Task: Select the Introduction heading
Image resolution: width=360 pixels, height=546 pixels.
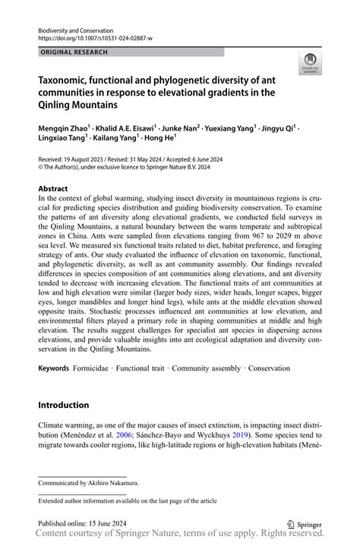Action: click(64, 405)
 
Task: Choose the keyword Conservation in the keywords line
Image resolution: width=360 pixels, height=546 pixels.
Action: click(263, 368)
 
